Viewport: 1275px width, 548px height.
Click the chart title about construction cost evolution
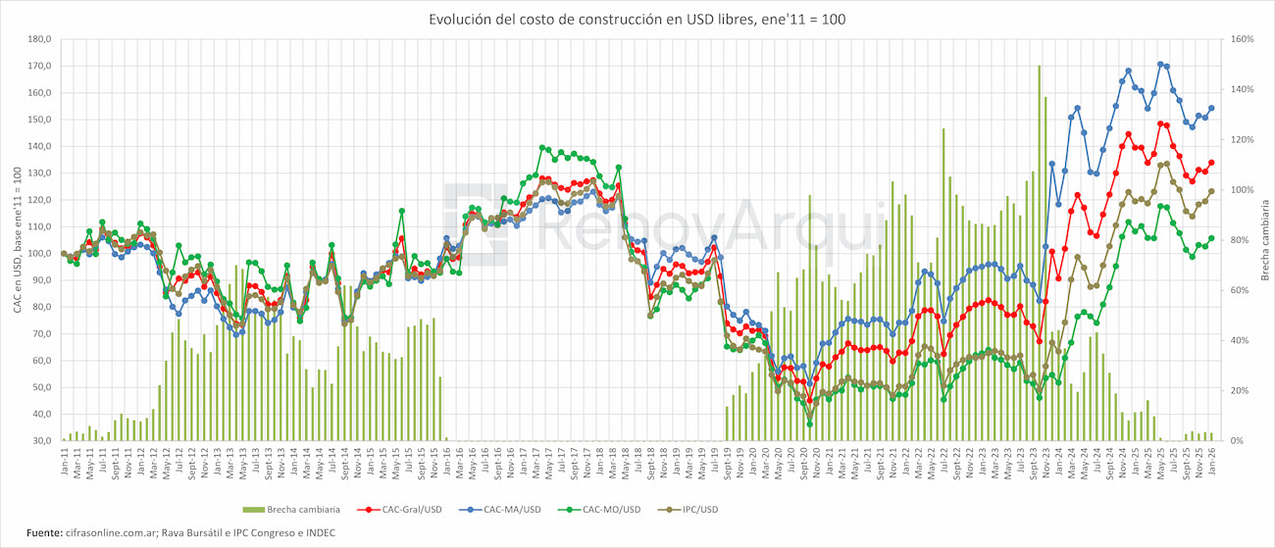click(637, 20)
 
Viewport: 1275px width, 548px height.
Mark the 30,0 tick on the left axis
click(41, 441)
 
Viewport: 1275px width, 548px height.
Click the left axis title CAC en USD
click(17, 240)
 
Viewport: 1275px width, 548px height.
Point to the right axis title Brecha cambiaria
click(1265, 240)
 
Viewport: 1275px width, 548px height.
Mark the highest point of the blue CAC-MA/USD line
click(1160, 64)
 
